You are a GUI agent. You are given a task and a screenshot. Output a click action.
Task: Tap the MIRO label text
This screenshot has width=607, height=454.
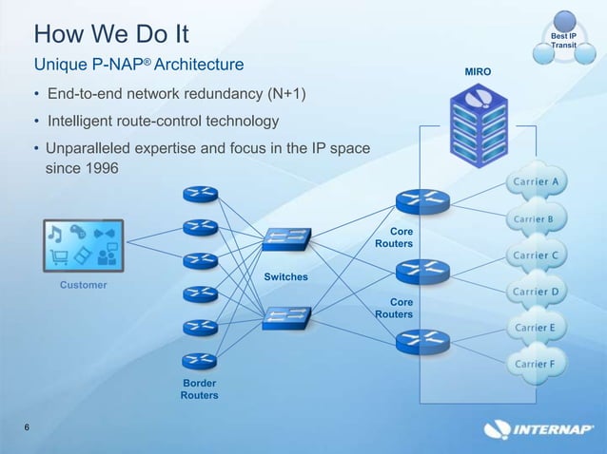tap(478, 72)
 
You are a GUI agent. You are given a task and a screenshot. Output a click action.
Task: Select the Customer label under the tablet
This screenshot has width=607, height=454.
tap(84, 285)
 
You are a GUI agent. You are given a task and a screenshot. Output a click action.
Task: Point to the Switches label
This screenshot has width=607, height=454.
tap(286, 276)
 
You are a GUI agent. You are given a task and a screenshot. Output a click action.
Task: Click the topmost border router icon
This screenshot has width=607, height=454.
tap(200, 193)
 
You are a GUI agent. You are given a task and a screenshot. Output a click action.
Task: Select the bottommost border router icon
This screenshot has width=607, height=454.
tap(200, 360)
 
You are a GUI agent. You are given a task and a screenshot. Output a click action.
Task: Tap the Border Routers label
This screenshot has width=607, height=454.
tap(200, 388)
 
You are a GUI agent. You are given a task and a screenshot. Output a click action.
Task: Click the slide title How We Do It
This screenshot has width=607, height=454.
tap(111, 34)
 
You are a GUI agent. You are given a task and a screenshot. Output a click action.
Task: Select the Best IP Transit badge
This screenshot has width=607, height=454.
tap(564, 37)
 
